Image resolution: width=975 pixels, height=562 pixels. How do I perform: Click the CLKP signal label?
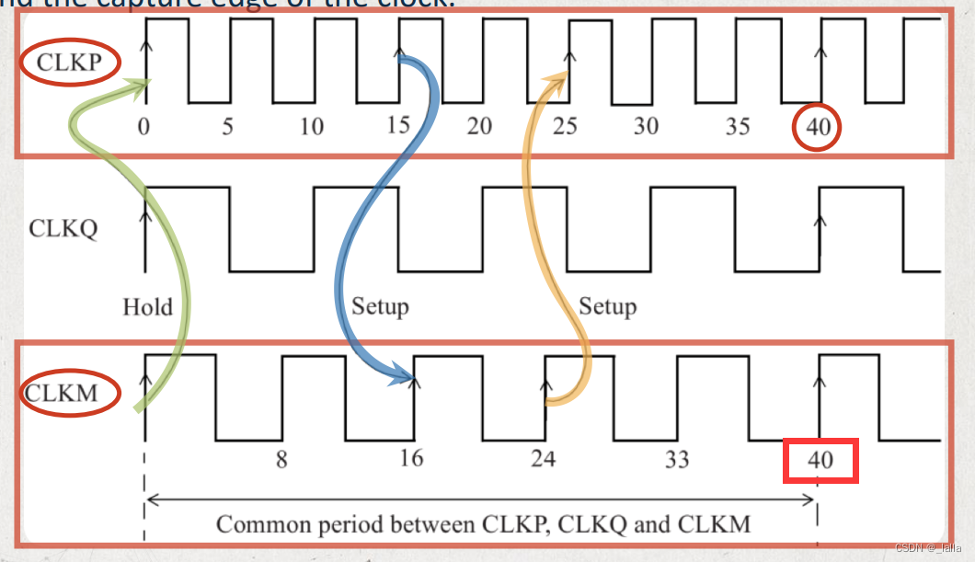(67, 63)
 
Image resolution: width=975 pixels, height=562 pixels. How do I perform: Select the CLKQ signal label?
(63, 227)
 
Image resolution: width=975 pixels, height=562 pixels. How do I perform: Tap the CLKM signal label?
(62, 394)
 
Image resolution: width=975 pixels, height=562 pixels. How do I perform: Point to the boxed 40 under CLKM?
(820, 459)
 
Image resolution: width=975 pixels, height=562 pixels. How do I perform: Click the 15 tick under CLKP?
(397, 125)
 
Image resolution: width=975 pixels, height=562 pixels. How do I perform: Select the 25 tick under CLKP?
(565, 126)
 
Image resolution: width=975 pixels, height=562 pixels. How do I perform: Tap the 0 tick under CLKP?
(143, 126)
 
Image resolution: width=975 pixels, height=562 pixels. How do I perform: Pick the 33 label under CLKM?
(676, 458)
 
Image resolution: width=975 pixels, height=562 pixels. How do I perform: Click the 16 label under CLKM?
(411, 457)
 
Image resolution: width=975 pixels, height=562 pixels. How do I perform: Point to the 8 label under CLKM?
(281, 458)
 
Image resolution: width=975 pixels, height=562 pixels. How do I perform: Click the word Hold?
(147, 306)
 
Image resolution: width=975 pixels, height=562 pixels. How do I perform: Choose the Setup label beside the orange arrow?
(607, 305)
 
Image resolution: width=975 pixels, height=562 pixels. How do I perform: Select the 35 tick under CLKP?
(737, 126)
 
